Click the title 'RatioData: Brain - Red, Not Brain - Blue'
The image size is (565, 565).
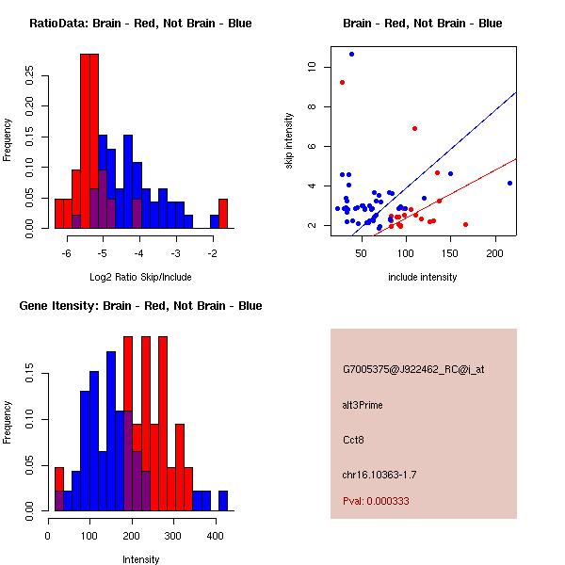point(140,24)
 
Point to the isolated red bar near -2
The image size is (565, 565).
point(223,213)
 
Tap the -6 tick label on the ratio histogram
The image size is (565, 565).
point(66,253)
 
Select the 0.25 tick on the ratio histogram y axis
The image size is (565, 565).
point(30,74)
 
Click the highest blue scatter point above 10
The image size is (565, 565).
point(352,54)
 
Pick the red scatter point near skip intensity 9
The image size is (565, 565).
point(342,82)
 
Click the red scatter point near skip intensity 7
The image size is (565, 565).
point(414,128)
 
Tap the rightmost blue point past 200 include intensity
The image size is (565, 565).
point(509,183)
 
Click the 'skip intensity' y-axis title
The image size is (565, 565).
point(289,141)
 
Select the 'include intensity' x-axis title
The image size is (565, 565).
point(423,278)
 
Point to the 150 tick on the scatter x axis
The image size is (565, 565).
point(450,253)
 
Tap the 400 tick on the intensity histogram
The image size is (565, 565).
point(216,536)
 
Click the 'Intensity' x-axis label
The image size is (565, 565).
point(141,559)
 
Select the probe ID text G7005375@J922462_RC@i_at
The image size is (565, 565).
point(413,369)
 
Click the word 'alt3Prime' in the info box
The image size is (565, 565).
point(363,405)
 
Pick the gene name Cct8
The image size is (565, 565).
point(352,439)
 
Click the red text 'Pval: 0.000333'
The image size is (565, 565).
point(376,501)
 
